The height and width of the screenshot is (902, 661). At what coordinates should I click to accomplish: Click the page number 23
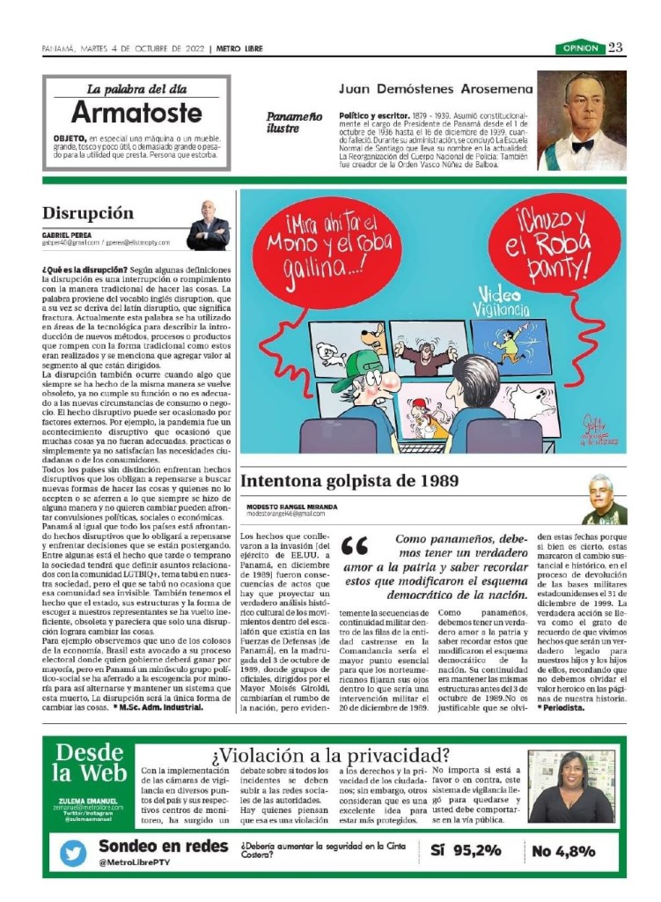click(x=616, y=48)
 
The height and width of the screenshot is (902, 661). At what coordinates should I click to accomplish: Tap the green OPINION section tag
click(x=578, y=48)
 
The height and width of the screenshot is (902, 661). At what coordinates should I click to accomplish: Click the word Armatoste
click(x=136, y=113)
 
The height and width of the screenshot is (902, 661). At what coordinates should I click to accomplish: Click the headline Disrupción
click(x=88, y=213)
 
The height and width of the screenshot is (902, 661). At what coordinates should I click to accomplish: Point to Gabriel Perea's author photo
click(x=209, y=225)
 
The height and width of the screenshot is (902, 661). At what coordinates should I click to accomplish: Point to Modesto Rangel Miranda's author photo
click(x=604, y=499)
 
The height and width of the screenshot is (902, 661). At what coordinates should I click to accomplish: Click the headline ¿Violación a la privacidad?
click(x=330, y=756)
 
